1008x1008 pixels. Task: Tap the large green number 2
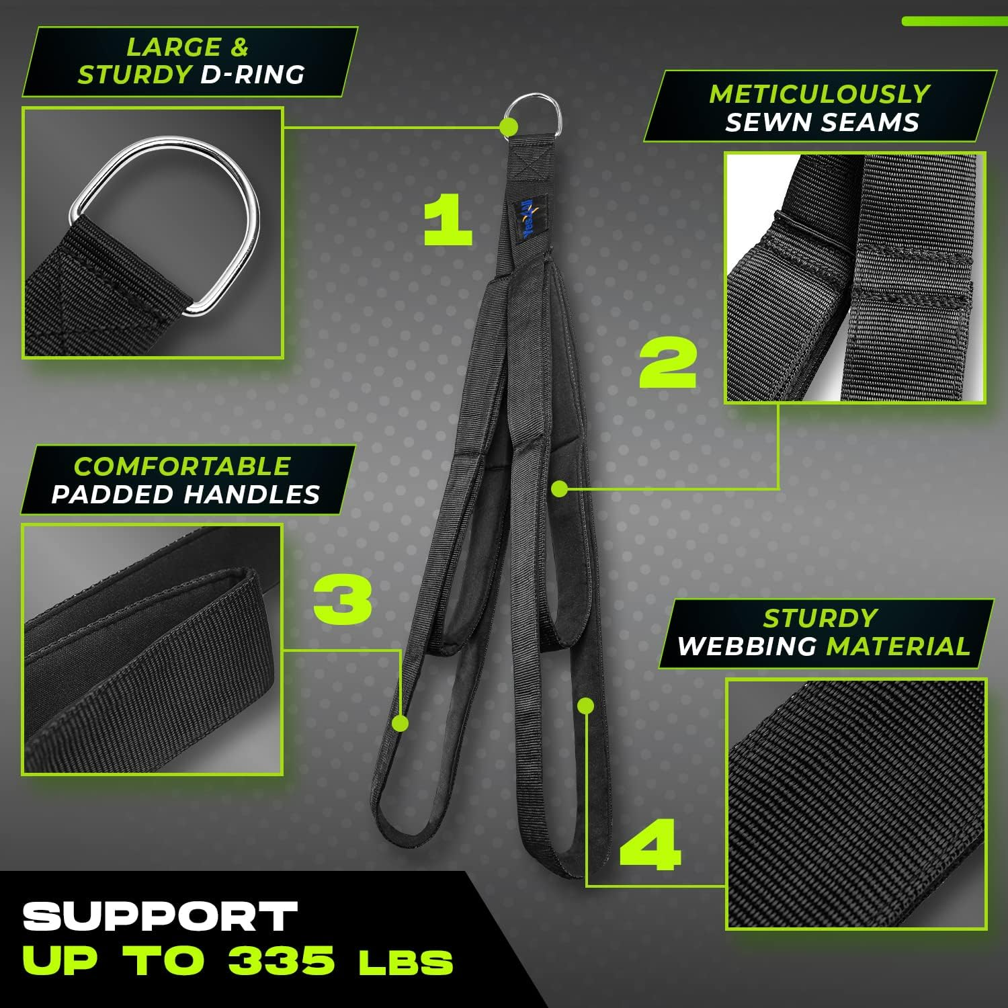click(668, 363)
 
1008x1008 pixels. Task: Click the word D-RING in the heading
click(253, 75)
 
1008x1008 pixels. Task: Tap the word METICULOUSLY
click(820, 94)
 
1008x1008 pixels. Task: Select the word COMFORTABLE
click(182, 466)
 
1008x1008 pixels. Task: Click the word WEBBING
click(747, 646)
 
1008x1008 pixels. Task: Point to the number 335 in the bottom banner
click(281, 961)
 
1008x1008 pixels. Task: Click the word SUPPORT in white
click(160, 917)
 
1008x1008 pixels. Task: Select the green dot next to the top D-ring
click(509, 126)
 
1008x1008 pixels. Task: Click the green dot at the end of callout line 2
click(559, 489)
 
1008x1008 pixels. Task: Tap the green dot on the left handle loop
click(401, 723)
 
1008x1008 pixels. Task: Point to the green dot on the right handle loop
click(586, 706)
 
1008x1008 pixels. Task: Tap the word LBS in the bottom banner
click(406, 964)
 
